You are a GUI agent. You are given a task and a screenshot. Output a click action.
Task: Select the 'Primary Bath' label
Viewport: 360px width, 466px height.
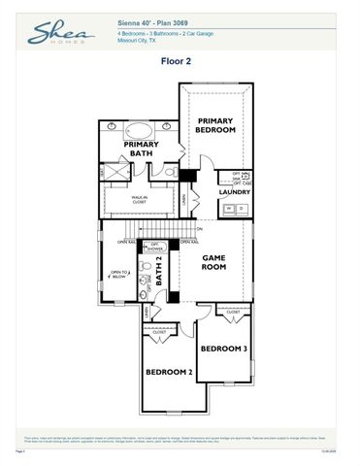coord(142,149)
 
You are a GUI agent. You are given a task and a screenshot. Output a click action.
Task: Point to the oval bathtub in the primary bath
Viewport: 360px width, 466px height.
coord(142,130)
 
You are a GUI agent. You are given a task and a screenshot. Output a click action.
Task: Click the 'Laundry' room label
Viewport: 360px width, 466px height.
coord(234,192)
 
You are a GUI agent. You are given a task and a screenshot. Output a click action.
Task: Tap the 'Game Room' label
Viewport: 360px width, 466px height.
coord(213,262)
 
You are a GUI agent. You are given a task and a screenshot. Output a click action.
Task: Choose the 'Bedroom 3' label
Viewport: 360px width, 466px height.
coord(224,348)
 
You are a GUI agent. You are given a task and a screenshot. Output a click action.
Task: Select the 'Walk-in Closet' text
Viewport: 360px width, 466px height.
coord(141,200)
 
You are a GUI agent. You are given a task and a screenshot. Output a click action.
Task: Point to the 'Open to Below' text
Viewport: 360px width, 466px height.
coord(118,275)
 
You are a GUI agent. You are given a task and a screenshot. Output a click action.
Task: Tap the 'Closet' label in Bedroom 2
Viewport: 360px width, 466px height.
coord(160,332)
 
